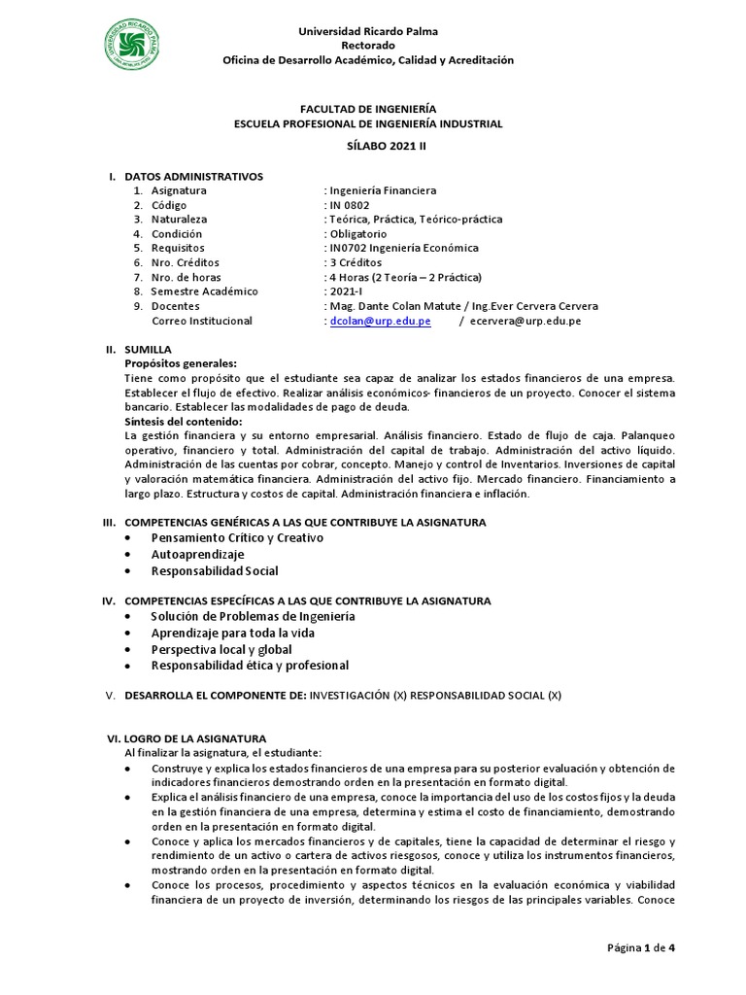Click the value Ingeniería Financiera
[x=382, y=190]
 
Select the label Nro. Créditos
[x=185, y=262]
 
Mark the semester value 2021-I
[x=346, y=292]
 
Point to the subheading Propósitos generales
[x=181, y=362]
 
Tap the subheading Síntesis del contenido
[x=184, y=422]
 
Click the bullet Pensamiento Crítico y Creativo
[x=237, y=537]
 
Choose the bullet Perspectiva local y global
[x=221, y=649]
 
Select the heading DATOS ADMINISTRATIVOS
[x=193, y=176]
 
